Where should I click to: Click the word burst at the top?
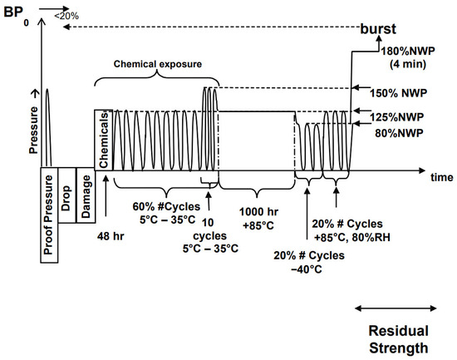[x=378, y=28]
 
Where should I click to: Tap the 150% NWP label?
[x=398, y=93]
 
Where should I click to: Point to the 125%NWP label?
[x=396, y=117]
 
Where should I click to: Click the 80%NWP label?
[x=399, y=133]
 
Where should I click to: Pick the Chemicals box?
[x=104, y=140]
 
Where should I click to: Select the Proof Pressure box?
[x=49, y=215]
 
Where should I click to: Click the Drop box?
[x=66, y=195]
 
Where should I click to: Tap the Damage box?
[x=86, y=195]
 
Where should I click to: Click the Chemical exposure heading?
[x=158, y=64]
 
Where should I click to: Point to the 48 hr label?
[x=111, y=236]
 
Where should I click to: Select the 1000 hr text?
[x=258, y=212]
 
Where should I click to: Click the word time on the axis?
[x=442, y=177]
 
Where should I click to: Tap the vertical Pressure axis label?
[x=34, y=130]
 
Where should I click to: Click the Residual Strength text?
[x=398, y=339]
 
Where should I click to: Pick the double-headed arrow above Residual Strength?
[x=396, y=308]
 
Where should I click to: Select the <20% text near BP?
[x=66, y=16]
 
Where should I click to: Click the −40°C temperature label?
[x=307, y=269]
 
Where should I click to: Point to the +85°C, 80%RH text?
[x=351, y=238]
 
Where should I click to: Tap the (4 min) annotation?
[x=408, y=64]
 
